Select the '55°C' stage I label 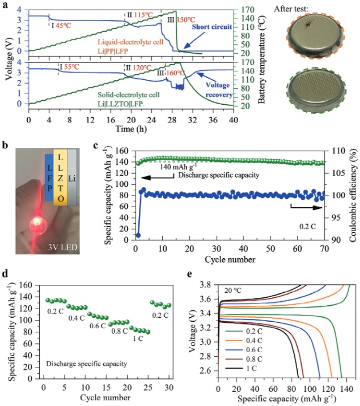coord(73,66)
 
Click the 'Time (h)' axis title coord(130,130)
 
